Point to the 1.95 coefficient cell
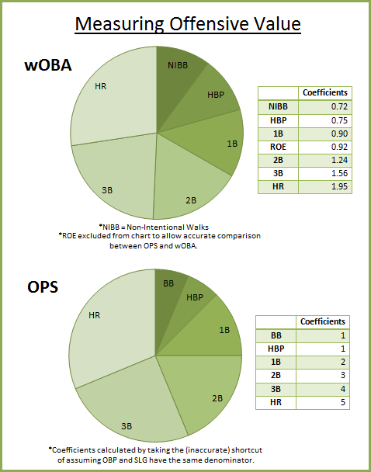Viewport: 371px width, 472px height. pyautogui.click(x=338, y=186)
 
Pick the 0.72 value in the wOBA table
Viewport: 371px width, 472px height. pyautogui.click(x=338, y=106)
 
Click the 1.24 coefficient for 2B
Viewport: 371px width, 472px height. pyautogui.click(x=338, y=160)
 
